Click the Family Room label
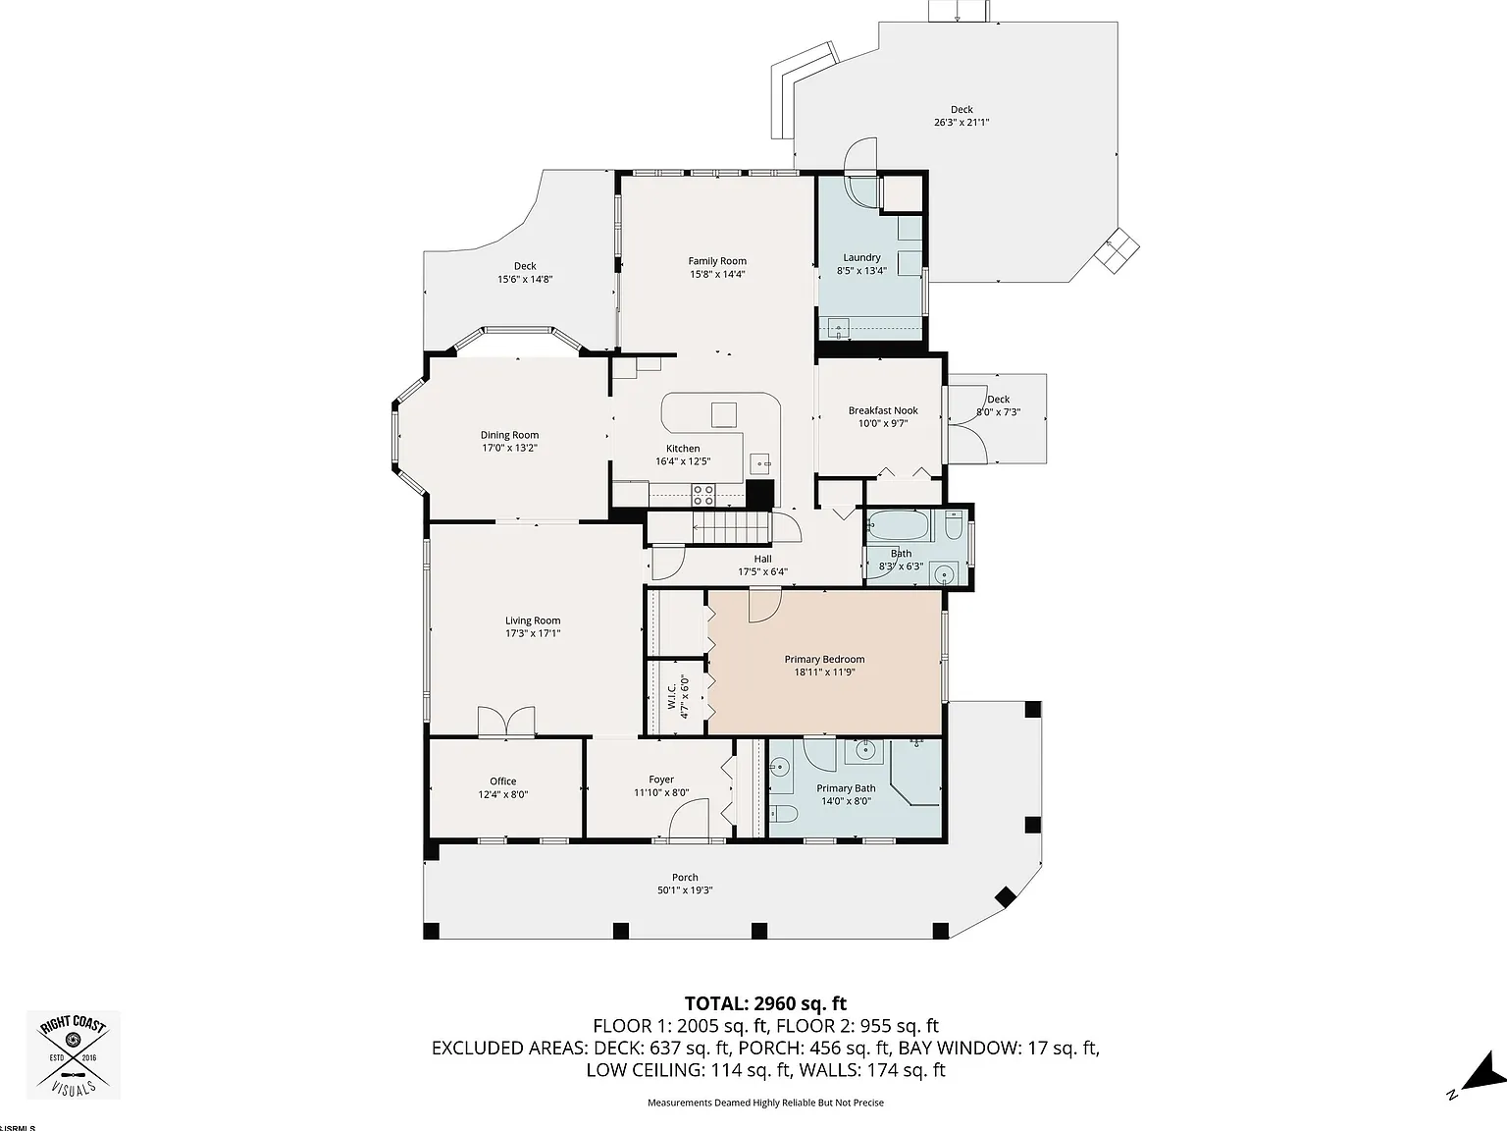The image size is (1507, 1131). coord(717,261)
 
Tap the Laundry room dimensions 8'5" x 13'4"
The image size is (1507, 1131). coord(861,271)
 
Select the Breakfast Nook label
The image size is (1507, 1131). coord(883,410)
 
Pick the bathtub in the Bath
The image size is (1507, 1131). coord(899,526)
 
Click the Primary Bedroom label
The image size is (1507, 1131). coord(824,659)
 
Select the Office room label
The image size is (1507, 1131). coord(502,781)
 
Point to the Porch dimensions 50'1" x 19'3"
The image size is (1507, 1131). coord(685,890)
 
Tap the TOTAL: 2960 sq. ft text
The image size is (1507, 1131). coord(765,1004)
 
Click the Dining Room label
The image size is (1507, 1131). coord(509,435)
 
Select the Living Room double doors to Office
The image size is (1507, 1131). coord(506,723)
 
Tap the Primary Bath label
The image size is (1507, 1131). coord(846,788)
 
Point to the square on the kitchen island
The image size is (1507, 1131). coord(724,415)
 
